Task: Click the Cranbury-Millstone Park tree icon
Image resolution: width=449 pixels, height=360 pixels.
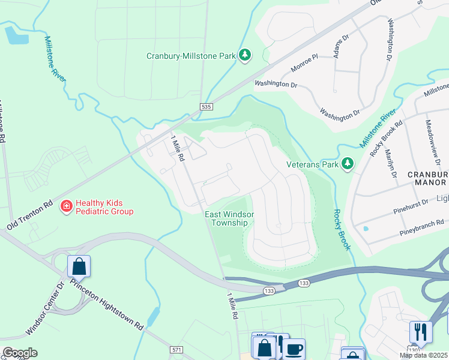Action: [x=244, y=56]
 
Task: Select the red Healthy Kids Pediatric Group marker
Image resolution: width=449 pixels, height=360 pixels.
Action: [x=67, y=207]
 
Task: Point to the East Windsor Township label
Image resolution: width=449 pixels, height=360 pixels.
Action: [x=226, y=218]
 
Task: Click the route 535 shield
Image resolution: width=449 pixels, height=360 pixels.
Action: [x=206, y=107]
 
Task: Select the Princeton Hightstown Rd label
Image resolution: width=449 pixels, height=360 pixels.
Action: [x=107, y=304]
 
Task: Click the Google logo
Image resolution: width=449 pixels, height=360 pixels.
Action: [x=20, y=352]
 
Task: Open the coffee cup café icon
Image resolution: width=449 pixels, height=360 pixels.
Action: [x=294, y=349]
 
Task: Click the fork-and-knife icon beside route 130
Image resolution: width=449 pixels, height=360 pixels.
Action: [x=421, y=332]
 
